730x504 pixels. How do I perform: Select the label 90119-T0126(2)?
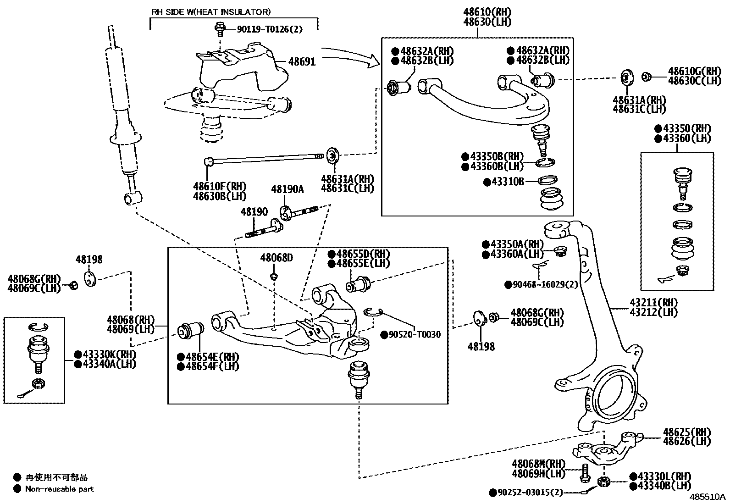pyautogui.click(x=270, y=30)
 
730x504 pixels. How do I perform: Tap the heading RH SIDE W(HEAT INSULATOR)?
pyautogui.click(x=211, y=12)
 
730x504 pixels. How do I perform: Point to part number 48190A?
pyautogui.click(x=287, y=189)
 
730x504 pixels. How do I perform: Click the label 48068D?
pyautogui.click(x=276, y=258)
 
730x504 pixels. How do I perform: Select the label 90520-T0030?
pyautogui.click(x=415, y=335)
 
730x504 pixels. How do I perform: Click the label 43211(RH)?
pyautogui.click(x=653, y=303)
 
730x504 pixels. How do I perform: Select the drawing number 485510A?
pyautogui.click(x=708, y=497)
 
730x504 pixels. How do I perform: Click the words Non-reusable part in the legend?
pyautogui.click(x=59, y=489)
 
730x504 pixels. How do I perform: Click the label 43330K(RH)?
pyautogui.click(x=109, y=354)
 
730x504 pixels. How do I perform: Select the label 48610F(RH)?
pyautogui.click(x=220, y=187)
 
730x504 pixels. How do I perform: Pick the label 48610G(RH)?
pyautogui.click(x=694, y=71)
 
